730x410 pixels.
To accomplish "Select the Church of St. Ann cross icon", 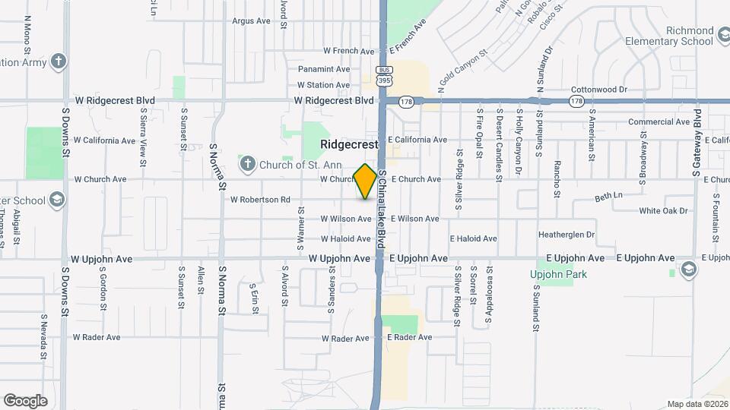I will click(247, 163).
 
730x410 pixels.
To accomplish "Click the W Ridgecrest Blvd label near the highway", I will click(334, 100).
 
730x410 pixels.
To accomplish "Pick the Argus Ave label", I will click(252, 21).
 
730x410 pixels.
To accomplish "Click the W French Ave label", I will click(349, 51).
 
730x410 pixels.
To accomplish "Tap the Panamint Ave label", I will click(324, 69).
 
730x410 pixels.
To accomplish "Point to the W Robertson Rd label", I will click(260, 200).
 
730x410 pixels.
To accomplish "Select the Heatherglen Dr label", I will click(567, 235).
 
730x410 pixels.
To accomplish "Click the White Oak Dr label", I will click(663, 211).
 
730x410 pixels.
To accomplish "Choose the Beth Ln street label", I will click(608, 196).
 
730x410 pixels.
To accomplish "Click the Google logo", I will click(25, 400).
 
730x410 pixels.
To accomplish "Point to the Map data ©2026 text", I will click(696, 404).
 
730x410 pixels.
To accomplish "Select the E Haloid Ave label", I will click(473, 238).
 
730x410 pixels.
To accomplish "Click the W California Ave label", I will click(104, 140).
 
